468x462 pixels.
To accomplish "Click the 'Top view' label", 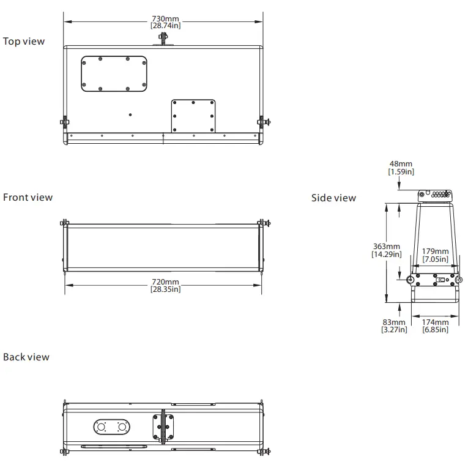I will [24, 42].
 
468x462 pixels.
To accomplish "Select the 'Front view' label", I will [28, 198].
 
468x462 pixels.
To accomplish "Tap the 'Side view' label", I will [333, 198].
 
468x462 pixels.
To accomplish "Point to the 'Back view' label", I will [26, 357].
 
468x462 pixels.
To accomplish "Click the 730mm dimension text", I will [165, 18].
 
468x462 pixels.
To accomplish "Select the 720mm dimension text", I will [165, 282].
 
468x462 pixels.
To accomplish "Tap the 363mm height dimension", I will [387, 247].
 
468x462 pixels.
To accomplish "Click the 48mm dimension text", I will [401, 164].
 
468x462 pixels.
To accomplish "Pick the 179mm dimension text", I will [435, 251].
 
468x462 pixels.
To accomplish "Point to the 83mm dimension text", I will [393, 322].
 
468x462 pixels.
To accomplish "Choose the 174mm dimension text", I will [435, 322].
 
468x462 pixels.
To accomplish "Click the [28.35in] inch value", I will [165, 289].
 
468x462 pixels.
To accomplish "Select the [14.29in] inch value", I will [387, 254].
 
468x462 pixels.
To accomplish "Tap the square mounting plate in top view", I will [193, 116].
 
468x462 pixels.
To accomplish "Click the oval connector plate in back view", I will [112, 427].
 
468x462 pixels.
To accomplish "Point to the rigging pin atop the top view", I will [163, 39].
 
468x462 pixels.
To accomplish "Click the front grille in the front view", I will [164, 247].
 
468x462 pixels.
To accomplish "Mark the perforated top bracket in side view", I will [436, 195].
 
